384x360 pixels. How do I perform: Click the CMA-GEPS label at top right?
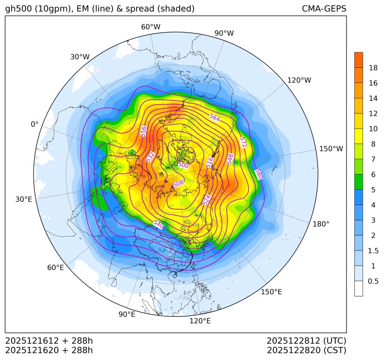click(324, 9)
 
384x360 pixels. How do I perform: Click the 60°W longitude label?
click(150, 27)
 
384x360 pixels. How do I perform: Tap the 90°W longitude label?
click(224, 33)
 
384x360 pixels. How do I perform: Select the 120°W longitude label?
click(299, 80)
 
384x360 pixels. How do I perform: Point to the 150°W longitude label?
click(331, 149)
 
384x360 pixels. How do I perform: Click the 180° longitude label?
click(321, 224)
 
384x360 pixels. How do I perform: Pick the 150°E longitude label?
click(271, 292)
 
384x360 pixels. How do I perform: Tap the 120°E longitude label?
click(200, 321)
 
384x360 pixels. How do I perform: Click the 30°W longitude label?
click(80, 57)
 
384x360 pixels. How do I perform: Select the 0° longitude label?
click(34, 124)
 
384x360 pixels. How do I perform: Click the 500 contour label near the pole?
click(183, 165)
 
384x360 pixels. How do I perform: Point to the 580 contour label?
click(259, 174)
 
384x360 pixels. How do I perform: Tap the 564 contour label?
click(215, 118)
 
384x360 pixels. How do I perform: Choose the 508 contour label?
click(178, 184)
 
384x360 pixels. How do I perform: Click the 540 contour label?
click(158, 225)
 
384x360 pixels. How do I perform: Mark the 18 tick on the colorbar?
click(373, 68)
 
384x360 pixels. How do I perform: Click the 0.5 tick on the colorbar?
click(373, 281)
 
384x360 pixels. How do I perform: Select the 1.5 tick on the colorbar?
click(373, 251)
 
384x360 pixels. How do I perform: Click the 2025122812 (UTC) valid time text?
click(306, 341)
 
